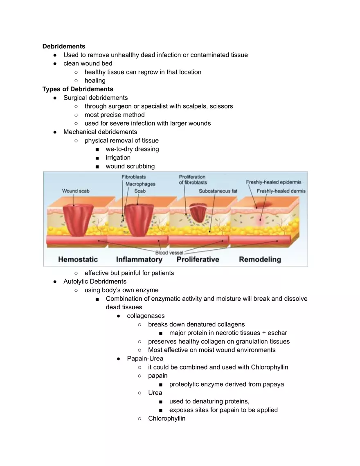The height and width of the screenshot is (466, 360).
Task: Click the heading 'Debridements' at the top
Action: (64, 46)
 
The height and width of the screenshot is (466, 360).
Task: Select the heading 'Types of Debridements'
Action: (78, 89)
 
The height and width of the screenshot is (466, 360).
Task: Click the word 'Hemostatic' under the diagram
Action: (78, 259)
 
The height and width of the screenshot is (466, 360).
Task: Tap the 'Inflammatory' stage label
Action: (139, 259)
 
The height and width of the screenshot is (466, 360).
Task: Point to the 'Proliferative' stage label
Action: (198, 259)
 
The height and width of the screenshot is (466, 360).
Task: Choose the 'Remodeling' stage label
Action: (260, 259)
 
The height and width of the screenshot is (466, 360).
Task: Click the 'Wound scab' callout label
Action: (76, 191)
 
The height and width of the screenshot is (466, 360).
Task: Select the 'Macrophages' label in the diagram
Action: (140, 184)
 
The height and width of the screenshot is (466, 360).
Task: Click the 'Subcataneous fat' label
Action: (218, 191)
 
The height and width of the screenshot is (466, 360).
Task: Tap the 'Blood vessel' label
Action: (169, 253)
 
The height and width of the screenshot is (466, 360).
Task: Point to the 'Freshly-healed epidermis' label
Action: (274, 182)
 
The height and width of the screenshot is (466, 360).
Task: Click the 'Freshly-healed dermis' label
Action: (281, 191)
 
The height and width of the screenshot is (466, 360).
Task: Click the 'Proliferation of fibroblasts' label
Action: (193, 180)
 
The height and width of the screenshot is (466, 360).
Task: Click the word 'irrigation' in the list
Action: (118, 158)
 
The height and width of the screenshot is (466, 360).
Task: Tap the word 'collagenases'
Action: (146, 315)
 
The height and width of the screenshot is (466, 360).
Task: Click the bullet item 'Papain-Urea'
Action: (145, 358)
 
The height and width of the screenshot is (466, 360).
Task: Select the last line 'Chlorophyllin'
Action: (166, 419)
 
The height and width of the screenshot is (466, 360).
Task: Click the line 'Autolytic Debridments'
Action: (95, 281)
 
